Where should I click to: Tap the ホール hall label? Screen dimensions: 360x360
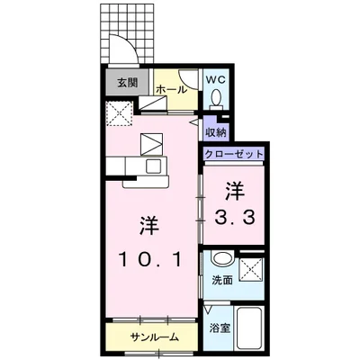(171, 90)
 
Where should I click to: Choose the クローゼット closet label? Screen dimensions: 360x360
(234, 155)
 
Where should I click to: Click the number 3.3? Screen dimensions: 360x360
(234, 217)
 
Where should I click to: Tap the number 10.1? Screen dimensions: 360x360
(149, 261)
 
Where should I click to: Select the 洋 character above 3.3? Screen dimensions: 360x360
(234, 190)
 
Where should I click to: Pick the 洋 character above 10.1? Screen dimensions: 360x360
(149, 224)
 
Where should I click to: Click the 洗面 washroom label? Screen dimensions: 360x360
(220, 280)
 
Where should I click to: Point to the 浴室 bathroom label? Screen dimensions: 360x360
(219, 328)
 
